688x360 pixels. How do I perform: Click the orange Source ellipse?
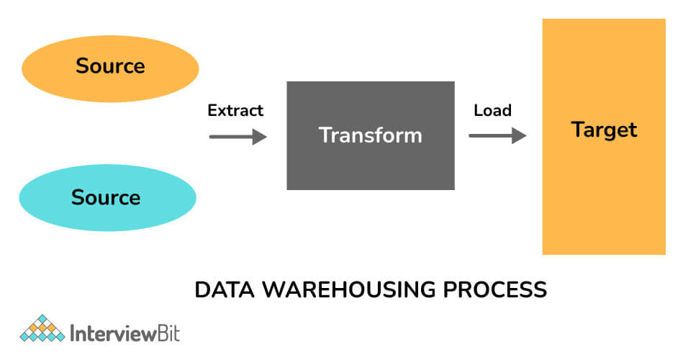tap(110, 69)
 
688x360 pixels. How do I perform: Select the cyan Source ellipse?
tap(107, 197)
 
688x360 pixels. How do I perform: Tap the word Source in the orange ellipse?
tap(110, 66)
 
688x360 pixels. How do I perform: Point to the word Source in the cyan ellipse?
tap(106, 197)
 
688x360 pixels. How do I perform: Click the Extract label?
tap(235, 110)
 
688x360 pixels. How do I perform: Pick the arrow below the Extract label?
tap(237, 137)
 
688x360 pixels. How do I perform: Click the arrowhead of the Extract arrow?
tap(261, 137)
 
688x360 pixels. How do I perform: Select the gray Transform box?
tap(371, 135)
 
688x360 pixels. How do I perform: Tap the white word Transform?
tap(371, 135)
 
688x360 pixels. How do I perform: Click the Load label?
tap(493, 110)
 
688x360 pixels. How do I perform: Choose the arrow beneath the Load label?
tap(497, 135)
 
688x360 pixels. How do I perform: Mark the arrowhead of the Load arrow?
tap(520, 135)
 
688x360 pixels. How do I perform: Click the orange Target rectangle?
tap(605, 137)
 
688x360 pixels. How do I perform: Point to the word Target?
tap(605, 130)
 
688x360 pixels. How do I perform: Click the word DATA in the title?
tap(225, 289)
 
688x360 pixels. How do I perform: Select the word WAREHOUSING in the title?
tap(349, 289)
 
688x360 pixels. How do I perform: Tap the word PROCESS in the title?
tap(495, 289)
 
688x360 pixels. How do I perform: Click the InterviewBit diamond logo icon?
tap(42, 328)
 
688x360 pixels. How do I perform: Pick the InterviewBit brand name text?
tap(125, 333)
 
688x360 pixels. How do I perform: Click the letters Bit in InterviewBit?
tap(168, 333)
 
